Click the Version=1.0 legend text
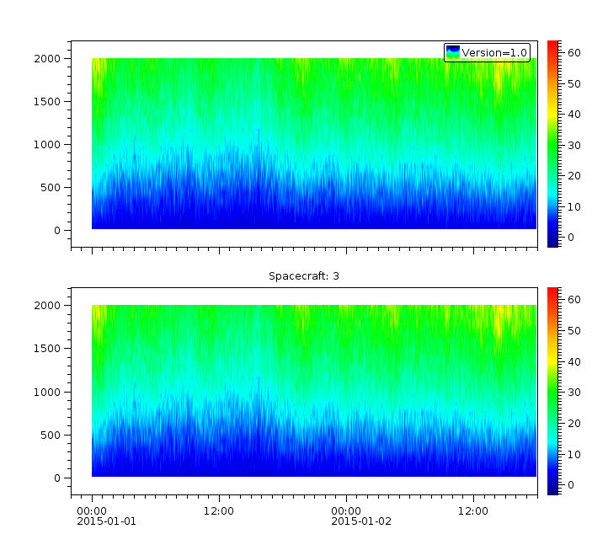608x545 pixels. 494,53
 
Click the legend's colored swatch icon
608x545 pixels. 453,52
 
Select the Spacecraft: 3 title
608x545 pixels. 304,276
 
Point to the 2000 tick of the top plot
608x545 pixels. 48,59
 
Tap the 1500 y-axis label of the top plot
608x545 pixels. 48,102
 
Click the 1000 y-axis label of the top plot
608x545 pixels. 48,145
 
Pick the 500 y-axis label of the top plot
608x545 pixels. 51,187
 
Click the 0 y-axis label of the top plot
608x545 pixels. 57,230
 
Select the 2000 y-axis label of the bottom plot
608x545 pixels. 48,306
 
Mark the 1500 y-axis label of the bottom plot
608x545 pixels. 48,349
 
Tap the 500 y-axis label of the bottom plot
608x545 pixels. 51,435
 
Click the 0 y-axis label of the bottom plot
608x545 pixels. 57,478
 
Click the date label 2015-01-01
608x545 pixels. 106,521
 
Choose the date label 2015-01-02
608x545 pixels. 360,521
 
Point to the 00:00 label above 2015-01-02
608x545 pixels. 346,510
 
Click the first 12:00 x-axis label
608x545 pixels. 219,510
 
